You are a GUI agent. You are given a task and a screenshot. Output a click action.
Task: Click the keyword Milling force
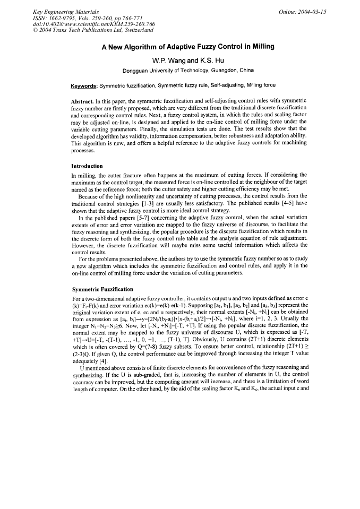pyautogui.click(x=262, y=85)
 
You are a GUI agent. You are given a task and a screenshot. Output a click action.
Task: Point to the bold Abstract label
pyautogui.click(x=84, y=101)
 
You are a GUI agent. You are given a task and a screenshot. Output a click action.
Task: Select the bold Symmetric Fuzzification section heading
pyautogui.click(x=102, y=289)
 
